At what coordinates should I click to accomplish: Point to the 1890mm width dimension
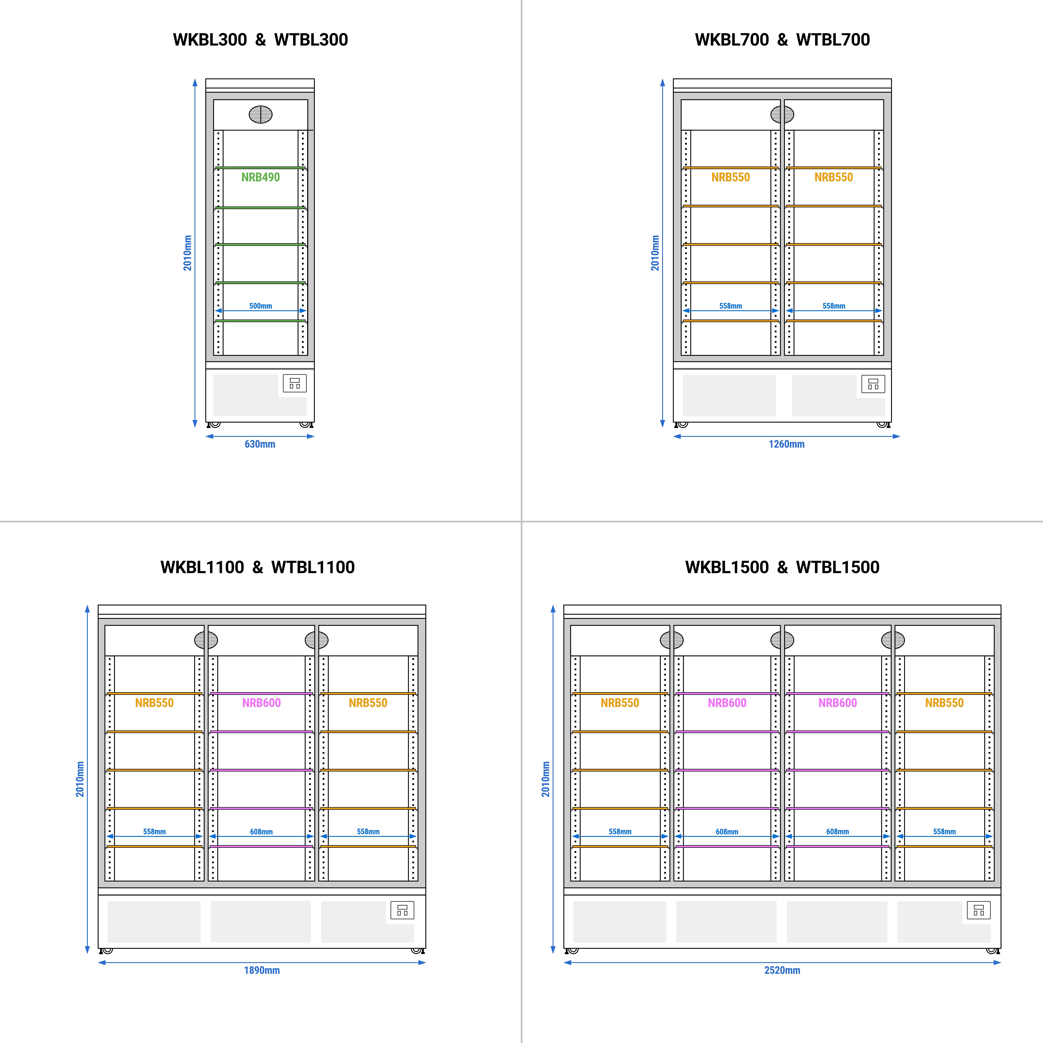tap(262, 970)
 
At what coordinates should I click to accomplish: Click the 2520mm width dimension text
tap(782, 970)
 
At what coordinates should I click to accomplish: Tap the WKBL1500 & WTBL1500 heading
tap(782, 567)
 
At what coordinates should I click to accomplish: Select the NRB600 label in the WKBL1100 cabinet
tap(261, 703)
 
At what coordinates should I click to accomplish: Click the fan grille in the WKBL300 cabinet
tap(261, 114)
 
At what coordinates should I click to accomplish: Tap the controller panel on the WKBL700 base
tap(873, 384)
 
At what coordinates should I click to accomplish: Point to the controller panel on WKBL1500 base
tap(979, 910)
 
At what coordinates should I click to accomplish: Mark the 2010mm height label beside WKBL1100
tap(80, 779)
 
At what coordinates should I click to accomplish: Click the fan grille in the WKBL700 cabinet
tap(782, 114)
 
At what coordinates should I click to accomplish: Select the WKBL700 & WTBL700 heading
tap(782, 39)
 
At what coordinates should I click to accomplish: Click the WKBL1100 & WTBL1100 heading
tap(257, 567)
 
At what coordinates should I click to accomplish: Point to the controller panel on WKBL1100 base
tap(402, 910)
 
